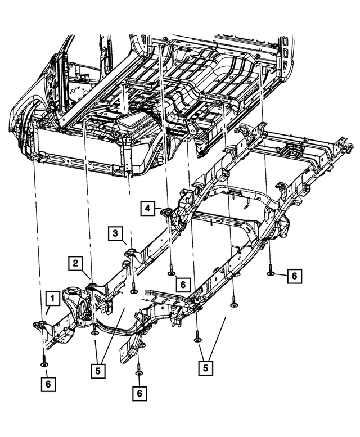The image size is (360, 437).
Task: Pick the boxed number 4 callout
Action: (148, 209)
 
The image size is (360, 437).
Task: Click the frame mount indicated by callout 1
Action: (40, 324)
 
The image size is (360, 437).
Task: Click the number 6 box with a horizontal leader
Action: (294, 276)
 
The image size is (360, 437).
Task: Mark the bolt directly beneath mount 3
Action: (134, 289)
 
